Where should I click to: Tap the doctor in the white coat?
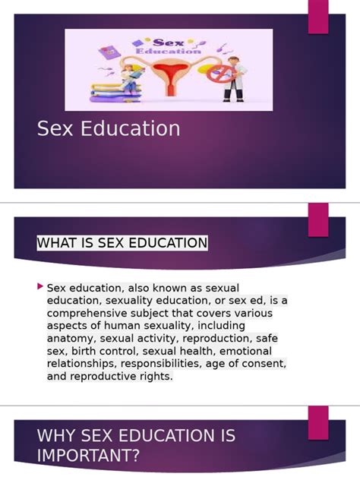(234, 80)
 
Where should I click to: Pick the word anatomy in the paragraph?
(70, 338)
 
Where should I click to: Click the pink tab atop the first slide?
(318, 17)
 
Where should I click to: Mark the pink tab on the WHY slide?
(318, 422)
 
